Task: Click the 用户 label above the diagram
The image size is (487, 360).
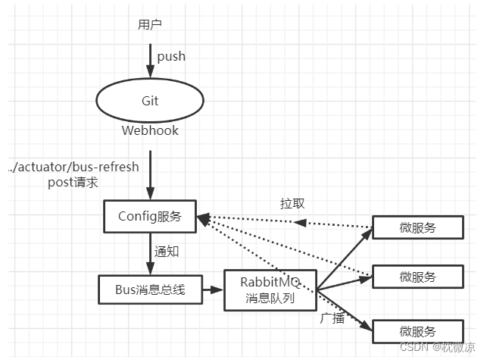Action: pyautogui.click(x=150, y=24)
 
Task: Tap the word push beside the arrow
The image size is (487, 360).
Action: pyautogui.click(x=171, y=56)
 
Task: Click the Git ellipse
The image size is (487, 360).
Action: pyautogui.click(x=150, y=101)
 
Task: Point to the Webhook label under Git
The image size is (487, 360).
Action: pyautogui.click(x=150, y=130)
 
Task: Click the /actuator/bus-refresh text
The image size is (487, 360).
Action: pyautogui.click(x=75, y=167)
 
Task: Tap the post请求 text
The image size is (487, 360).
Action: pyautogui.click(x=74, y=182)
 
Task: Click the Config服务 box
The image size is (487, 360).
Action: pyautogui.click(x=150, y=216)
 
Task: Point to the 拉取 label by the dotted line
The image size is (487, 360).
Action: pyautogui.click(x=292, y=204)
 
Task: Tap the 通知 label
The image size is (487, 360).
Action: pyautogui.click(x=167, y=252)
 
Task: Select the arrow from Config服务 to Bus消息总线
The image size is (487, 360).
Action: pyautogui.click(x=150, y=253)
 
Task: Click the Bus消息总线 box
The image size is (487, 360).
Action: pyautogui.click(x=151, y=288)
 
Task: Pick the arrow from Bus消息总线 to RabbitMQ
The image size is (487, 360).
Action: pyautogui.click(x=213, y=289)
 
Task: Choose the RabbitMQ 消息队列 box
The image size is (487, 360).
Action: pyautogui.click(x=270, y=290)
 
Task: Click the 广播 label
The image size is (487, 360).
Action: pyautogui.click(x=333, y=318)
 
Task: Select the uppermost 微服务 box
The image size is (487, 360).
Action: pyautogui.click(x=418, y=227)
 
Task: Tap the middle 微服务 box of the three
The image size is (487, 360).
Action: pyautogui.click(x=418, y=277)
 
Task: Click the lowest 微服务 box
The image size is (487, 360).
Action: pyautogui.click(x=418, y=331)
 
